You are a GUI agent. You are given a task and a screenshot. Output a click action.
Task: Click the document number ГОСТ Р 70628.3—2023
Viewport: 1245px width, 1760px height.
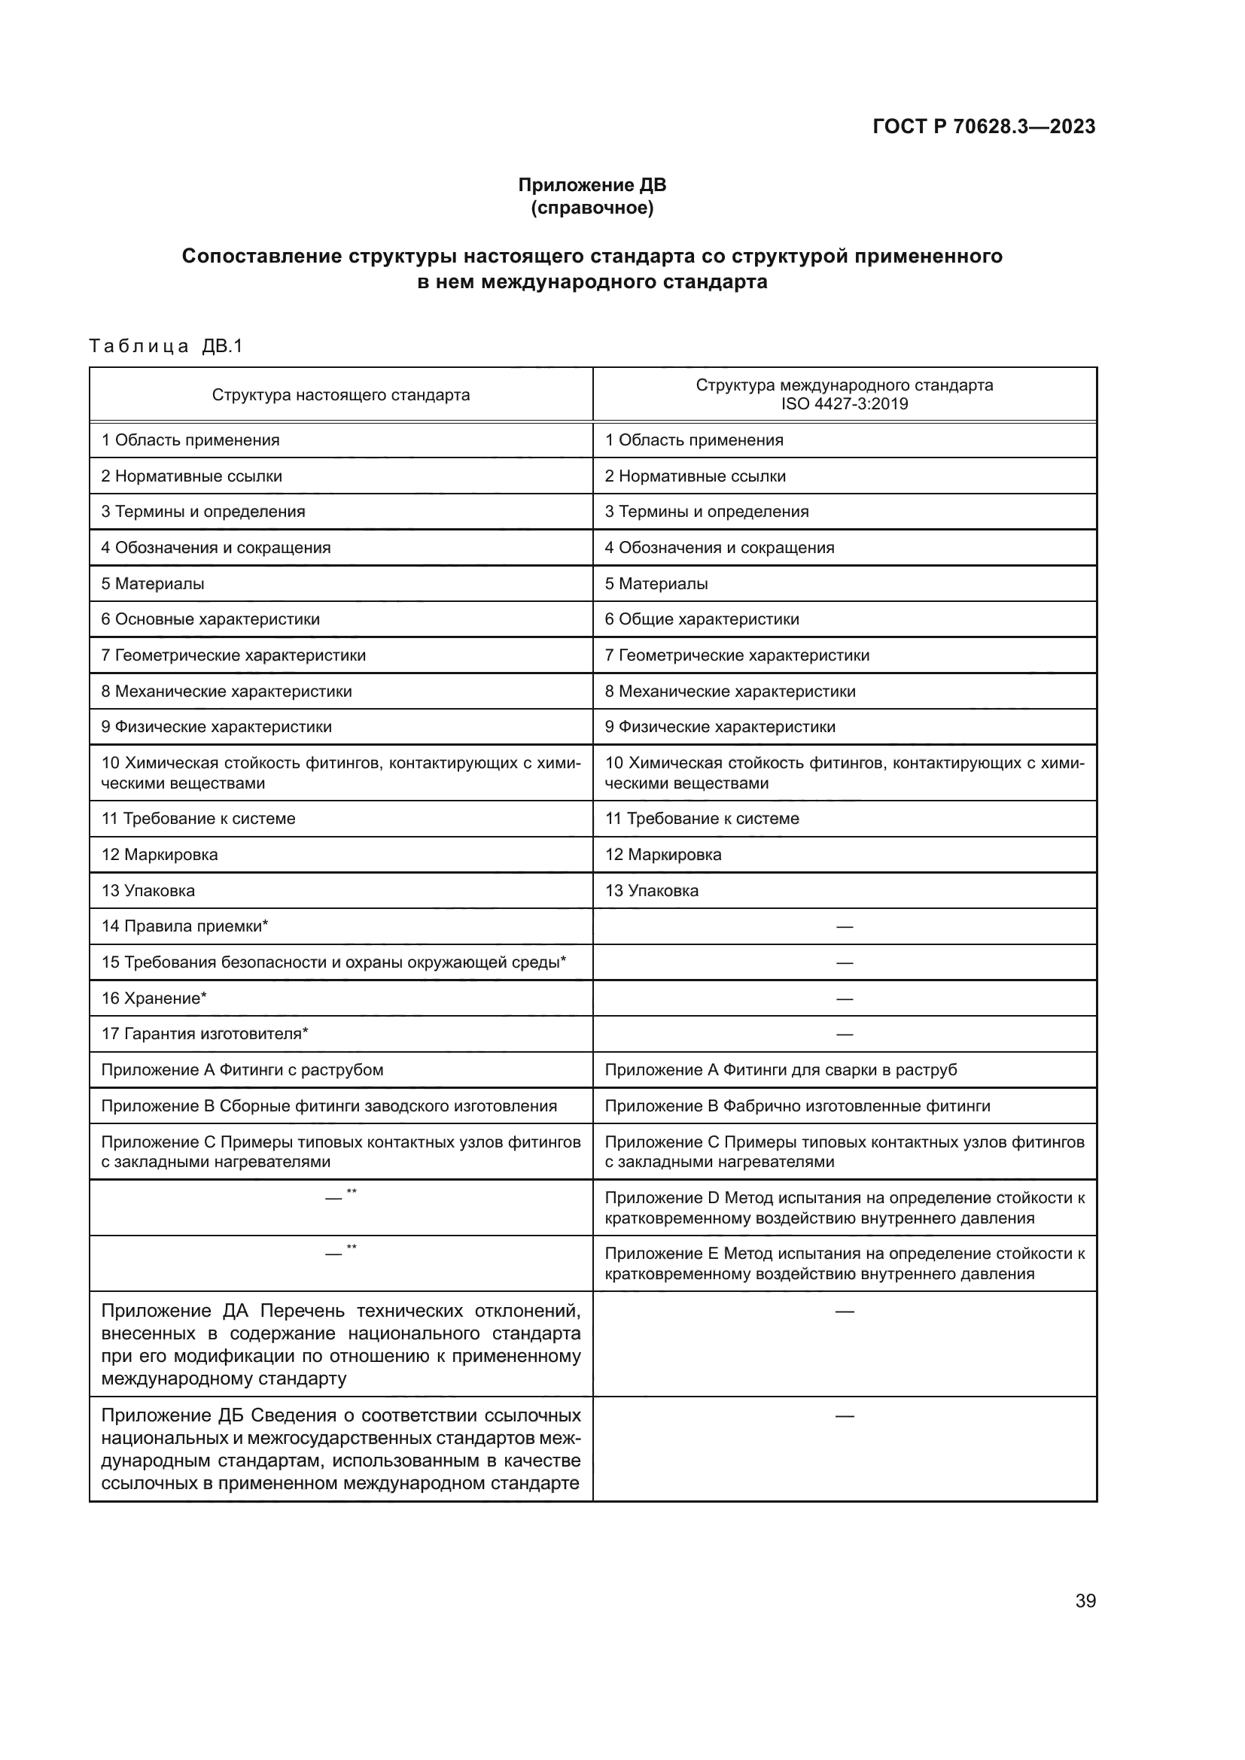click(x=984, y=126)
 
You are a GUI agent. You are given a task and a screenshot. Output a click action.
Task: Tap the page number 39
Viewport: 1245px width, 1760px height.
click(x=1085, y=1600)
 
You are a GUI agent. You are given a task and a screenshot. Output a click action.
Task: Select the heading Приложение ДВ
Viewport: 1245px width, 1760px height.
click(x=592, y=185)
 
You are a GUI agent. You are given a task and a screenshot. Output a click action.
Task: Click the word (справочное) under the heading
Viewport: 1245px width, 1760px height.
click(x=592, y=208)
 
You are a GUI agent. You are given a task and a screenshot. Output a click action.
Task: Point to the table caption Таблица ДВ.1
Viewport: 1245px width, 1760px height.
click(x=166, y=345)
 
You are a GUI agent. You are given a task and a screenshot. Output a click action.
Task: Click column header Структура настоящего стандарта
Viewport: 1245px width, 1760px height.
click(x=340, y=395)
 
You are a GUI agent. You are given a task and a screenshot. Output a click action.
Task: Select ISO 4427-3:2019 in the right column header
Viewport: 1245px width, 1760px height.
click(x=844, y=404)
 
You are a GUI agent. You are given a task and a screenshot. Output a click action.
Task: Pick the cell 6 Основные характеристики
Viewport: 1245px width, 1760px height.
click(x=210, y=619)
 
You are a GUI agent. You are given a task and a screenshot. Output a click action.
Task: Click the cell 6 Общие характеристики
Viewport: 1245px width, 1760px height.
click(x=702, y=619)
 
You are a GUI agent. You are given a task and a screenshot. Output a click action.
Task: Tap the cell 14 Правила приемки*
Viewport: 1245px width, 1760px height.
click(x=184, y=926)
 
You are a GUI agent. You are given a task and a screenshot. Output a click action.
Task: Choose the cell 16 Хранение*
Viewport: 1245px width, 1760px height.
click(x=154, y=998)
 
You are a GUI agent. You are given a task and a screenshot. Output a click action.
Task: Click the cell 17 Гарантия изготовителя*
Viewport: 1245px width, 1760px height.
click(x=204, y=1033)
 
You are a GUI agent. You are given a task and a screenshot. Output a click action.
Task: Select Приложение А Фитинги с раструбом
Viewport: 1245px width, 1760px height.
click(x=242, y=1069)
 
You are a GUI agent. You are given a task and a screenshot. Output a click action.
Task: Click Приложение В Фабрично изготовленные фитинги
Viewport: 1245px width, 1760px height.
click(x=797, y=1105)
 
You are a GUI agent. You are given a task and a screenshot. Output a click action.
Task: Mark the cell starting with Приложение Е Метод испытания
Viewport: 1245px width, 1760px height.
click(x=844, y=1263)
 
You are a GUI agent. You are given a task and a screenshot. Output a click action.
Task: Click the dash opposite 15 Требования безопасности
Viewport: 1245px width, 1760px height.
click(x=844, y=963)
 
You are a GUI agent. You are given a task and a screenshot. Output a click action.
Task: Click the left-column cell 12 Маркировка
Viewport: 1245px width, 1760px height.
click(x=160, y=854)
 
